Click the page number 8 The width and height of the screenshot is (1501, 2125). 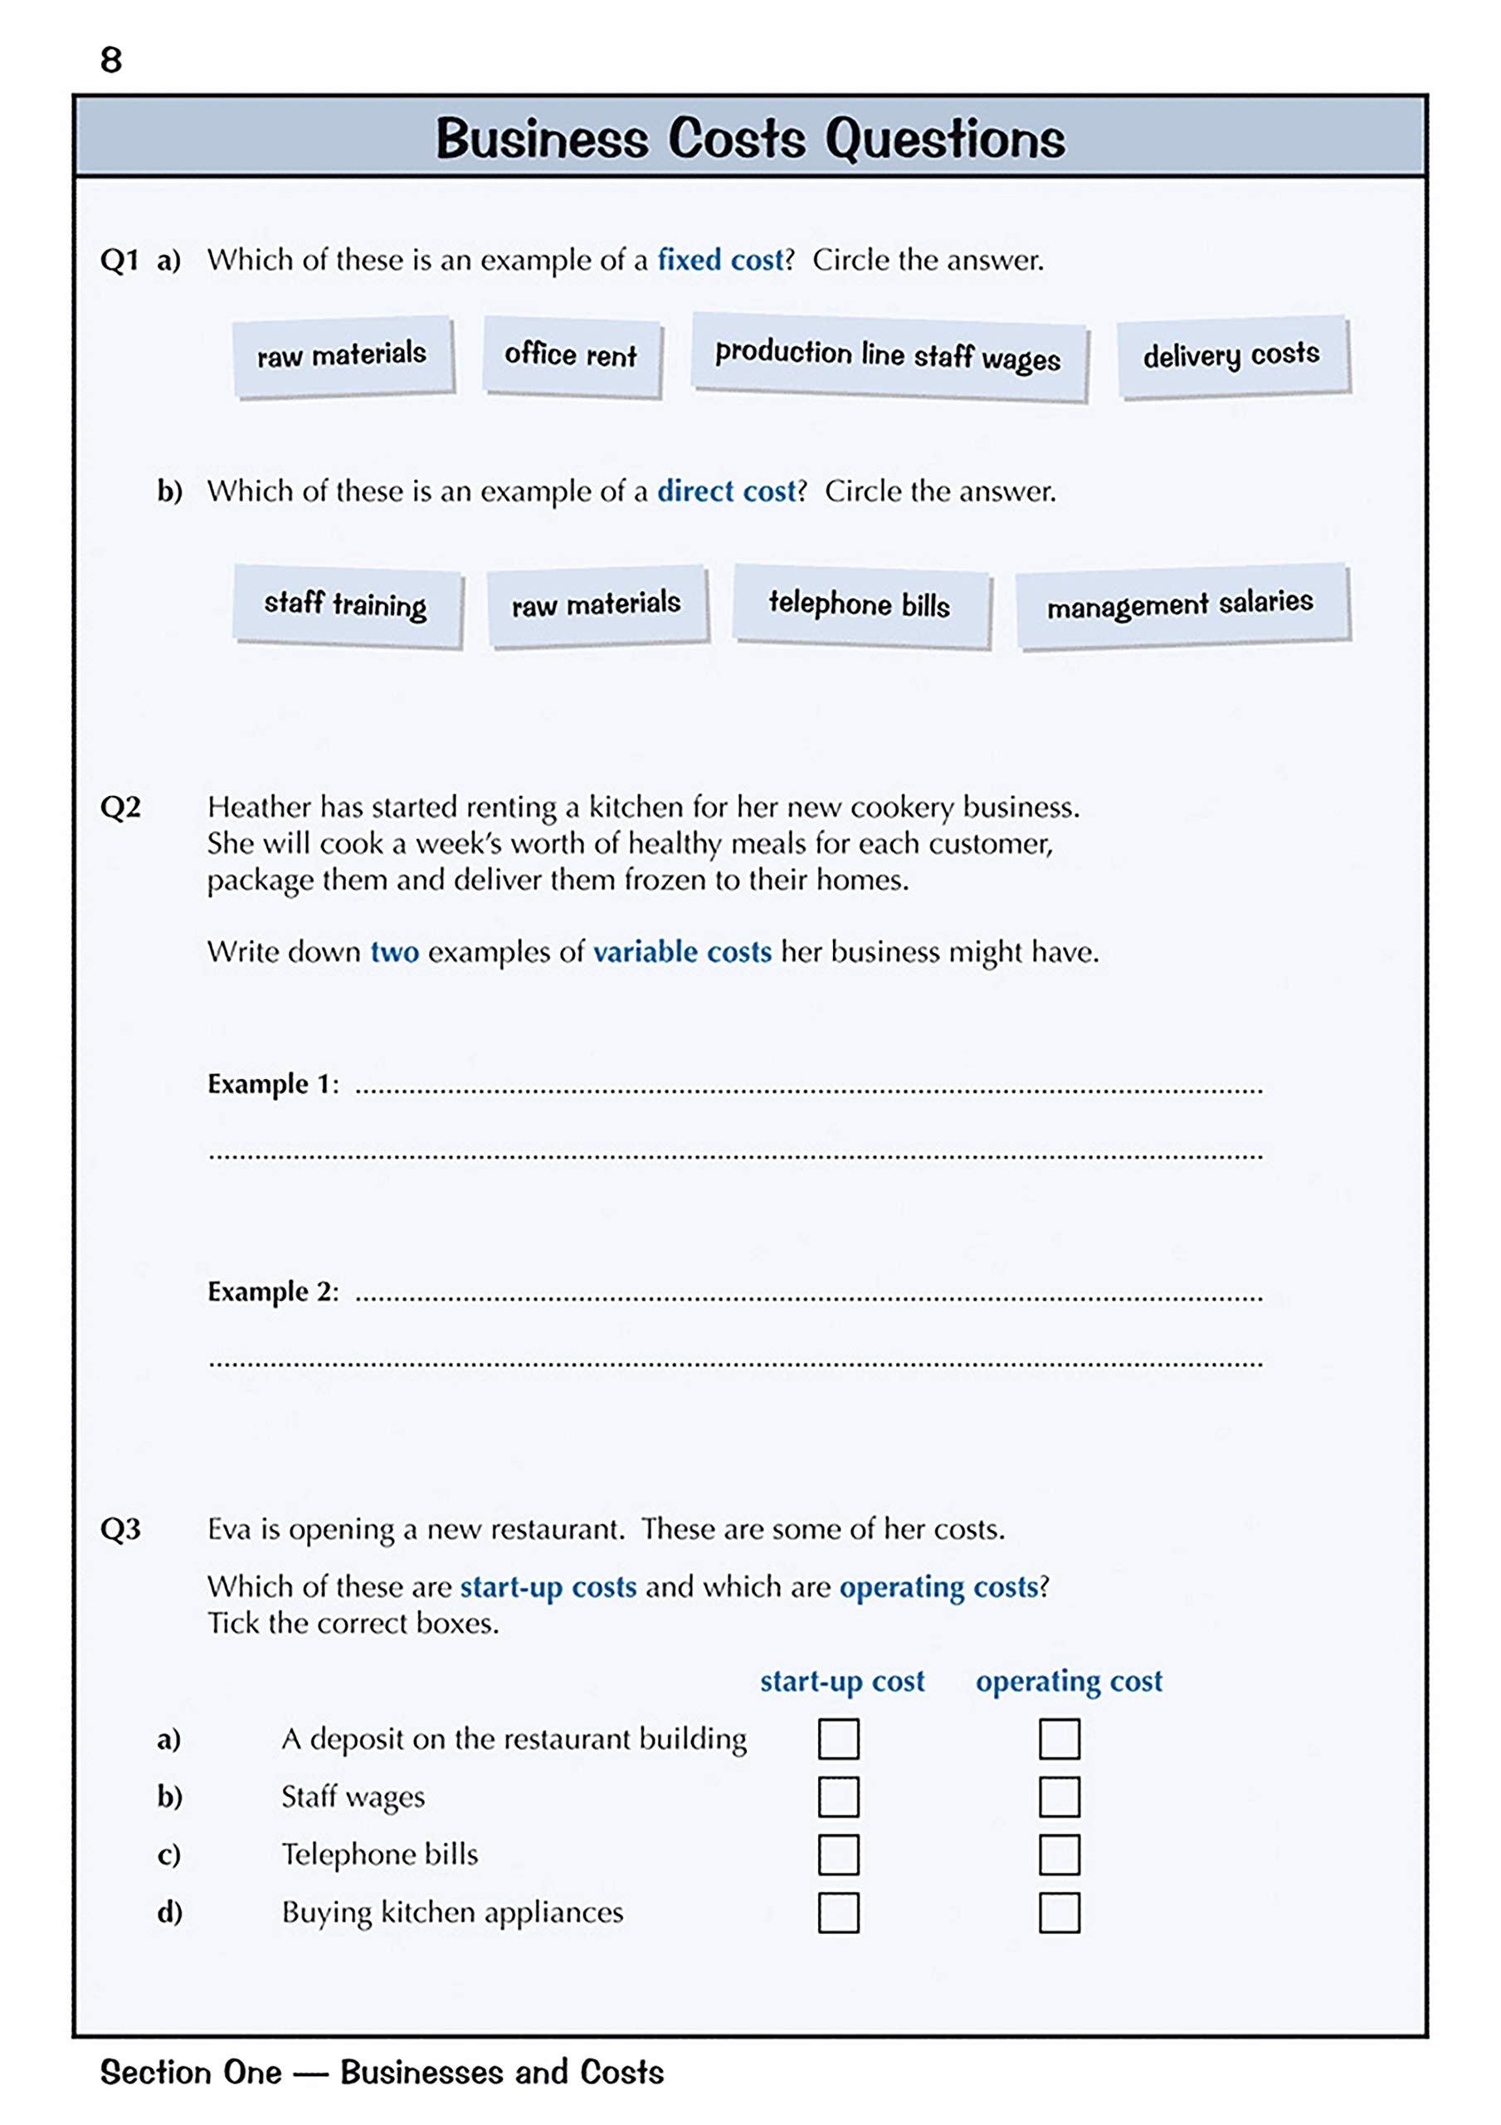[x=111, y=60]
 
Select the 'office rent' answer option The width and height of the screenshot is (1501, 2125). [x=571, y=355]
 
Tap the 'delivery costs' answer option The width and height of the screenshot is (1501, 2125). [x=1231, y=355]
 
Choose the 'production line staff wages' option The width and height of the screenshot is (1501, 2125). [x=888, y=355]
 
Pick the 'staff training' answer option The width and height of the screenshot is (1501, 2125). [x=346, y=604]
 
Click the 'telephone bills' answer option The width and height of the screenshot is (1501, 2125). [x=860, y=604]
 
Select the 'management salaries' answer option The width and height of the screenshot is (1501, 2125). [x=1180, y=605]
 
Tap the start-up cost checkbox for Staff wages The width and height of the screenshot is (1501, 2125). [x=838, y=1796]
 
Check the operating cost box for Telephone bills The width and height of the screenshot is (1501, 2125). [x=1059, y=1854]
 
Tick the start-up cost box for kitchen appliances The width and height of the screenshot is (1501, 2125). [x=838, y=1912]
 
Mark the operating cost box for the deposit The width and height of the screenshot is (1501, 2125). [x=1059, y=1738]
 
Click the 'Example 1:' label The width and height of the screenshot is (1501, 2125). [x=273, y=1084]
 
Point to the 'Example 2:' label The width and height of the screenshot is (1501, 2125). [x=273, y=1291]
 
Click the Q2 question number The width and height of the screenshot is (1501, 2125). [x=120, y=807]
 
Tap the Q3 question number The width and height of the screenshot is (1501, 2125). [x=120, y=1529]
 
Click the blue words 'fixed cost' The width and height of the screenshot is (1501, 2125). [x=720, y=260]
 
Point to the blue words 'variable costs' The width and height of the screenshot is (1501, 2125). [x=682, y=952]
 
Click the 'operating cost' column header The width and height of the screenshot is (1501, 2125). [x=1069, y=1681]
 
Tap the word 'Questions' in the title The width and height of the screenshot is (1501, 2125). [x=945, y=139]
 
